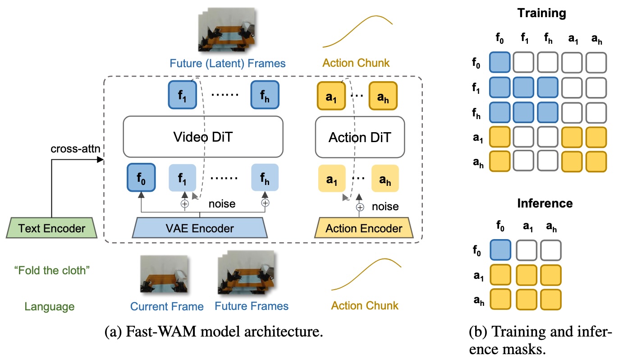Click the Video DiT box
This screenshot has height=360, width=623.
point(203,137)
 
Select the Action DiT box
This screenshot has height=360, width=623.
point(360,137)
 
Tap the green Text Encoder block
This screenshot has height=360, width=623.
point(52,228)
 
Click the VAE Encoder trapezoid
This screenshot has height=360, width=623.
point(200,228)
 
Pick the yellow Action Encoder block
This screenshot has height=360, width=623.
point(364,228)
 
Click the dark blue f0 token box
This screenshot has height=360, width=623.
point(141,177)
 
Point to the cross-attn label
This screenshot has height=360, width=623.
point(75,149)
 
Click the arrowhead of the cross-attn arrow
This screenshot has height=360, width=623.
point(100,160)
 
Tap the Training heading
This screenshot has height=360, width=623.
point(541,13)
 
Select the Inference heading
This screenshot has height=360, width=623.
point(545,203)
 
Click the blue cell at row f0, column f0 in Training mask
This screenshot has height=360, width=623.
point(500,62)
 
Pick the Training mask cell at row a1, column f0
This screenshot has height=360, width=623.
point(500,137)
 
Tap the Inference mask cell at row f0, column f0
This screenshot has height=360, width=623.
point(500,250)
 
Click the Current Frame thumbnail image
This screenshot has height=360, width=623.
point(164,274)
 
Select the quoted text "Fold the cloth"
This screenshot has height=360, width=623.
point(52,270)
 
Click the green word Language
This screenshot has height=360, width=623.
point(50,306)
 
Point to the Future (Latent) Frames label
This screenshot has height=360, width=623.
point(228,63)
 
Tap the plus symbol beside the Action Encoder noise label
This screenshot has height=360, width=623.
point(360,208)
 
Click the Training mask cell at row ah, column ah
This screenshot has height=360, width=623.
point(596,161)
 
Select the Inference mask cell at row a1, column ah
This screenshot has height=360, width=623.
point(551,275)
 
